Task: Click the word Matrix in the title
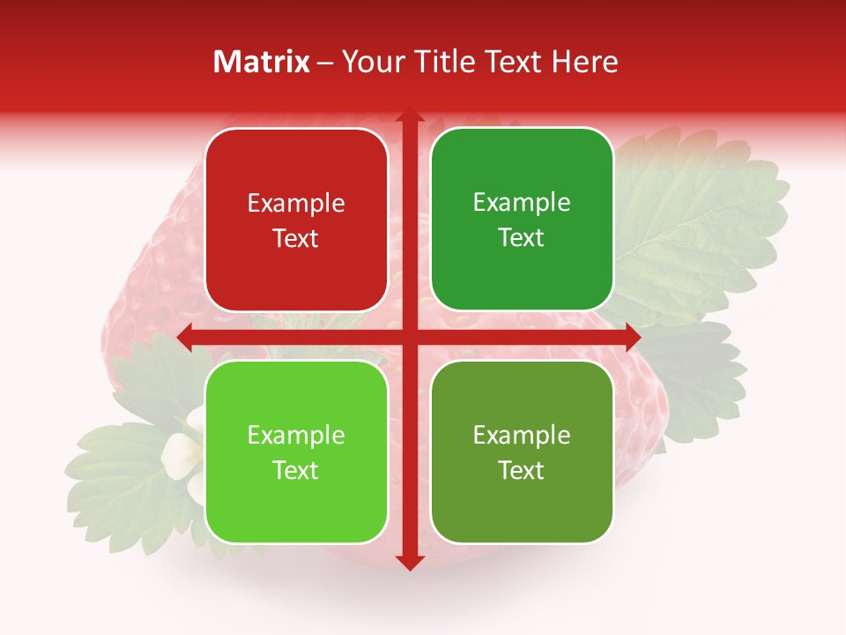[262, 62]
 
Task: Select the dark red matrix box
[296, 220]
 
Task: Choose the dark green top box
[522, 220]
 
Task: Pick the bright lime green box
[296, 452]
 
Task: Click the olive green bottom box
[522, 452]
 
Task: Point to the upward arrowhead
[409, 116]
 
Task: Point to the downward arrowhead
[409, 562]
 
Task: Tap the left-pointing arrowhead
[185, 337]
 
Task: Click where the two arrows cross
[409, 337]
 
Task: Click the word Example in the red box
[296, 204]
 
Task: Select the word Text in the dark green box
[522, 237]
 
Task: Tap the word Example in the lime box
[296, 436]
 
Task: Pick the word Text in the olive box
[522, 470]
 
